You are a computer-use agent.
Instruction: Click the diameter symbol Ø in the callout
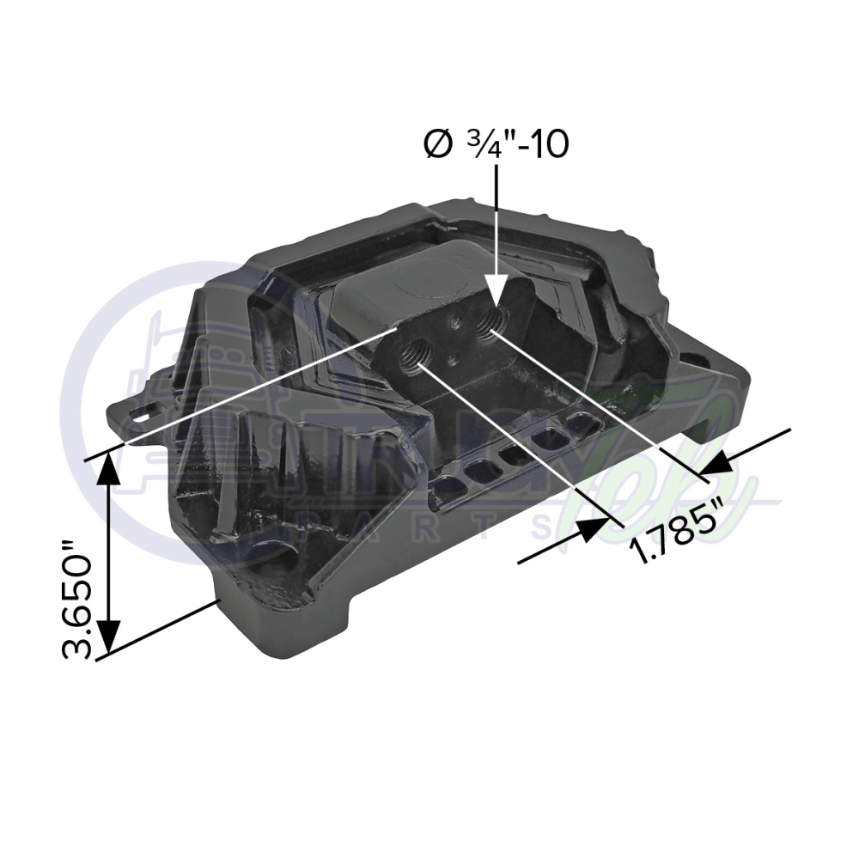[437, 144]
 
